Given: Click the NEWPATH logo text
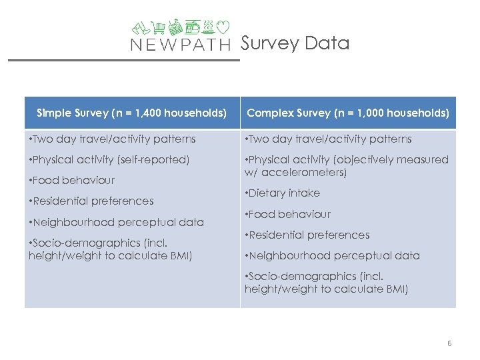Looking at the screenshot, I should tap(180, 45).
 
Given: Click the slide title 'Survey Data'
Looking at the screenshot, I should tap(295, 43).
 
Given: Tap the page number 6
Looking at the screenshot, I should tap(449, 343).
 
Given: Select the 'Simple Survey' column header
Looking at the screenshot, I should tap(132, 113).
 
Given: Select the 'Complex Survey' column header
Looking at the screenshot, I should tap(347, 113).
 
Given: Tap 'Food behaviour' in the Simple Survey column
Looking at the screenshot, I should tap(72, 181).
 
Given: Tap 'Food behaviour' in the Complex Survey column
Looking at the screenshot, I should tap(288, 215).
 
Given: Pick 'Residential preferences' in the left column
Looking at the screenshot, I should tap(91, 201).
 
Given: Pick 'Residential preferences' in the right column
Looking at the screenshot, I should tap(307, 235).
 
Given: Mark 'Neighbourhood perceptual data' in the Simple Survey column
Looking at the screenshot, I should tap(117, 222).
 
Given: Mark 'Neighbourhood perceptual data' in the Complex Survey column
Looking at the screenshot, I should tap(333, 256).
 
